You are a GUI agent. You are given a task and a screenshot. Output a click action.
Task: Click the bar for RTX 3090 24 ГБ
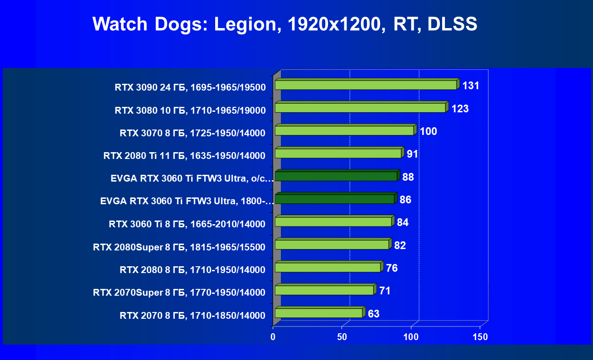tap(366, 85)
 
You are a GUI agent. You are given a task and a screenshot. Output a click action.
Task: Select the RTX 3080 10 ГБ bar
tap(361, 108)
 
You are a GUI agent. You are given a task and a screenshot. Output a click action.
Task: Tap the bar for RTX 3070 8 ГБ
tap(344, 131)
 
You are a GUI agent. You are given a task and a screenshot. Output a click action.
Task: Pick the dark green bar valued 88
tap(336, 176)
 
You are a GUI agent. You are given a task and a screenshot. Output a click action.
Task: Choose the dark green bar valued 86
tap(335, 199)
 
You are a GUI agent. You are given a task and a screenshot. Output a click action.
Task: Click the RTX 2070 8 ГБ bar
tap(319, 313)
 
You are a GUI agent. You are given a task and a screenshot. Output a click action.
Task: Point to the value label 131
tap(471, 86)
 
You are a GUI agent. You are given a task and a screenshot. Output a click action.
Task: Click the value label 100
tap(428, 131)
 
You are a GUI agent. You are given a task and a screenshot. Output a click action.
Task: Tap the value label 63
tap(374, 313)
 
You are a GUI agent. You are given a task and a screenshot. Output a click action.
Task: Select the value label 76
tap(392, 268)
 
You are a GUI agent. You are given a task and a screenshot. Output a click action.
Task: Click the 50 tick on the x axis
tap(342, 337)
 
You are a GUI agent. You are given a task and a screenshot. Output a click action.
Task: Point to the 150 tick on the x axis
tap(480, 337)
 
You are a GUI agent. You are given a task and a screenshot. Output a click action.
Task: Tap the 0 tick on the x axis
tap(273, 337)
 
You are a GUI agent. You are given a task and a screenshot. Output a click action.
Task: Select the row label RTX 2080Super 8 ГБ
tap(179, 247)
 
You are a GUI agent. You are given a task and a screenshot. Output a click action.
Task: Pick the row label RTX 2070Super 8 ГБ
tap(179, 293)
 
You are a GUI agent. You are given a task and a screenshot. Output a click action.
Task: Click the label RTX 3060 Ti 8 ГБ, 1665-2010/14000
tap(187, 224)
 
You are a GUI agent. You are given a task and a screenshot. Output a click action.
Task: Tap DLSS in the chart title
tap(452, 24)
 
